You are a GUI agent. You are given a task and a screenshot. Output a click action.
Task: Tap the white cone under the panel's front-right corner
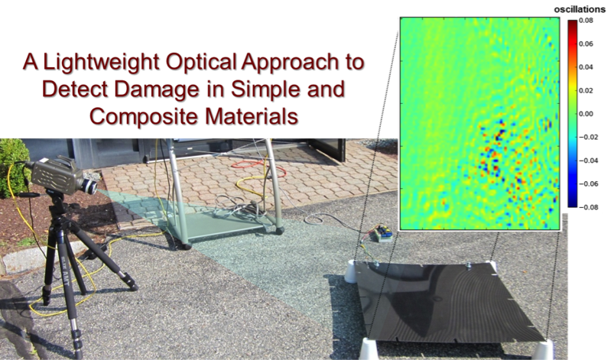543,350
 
